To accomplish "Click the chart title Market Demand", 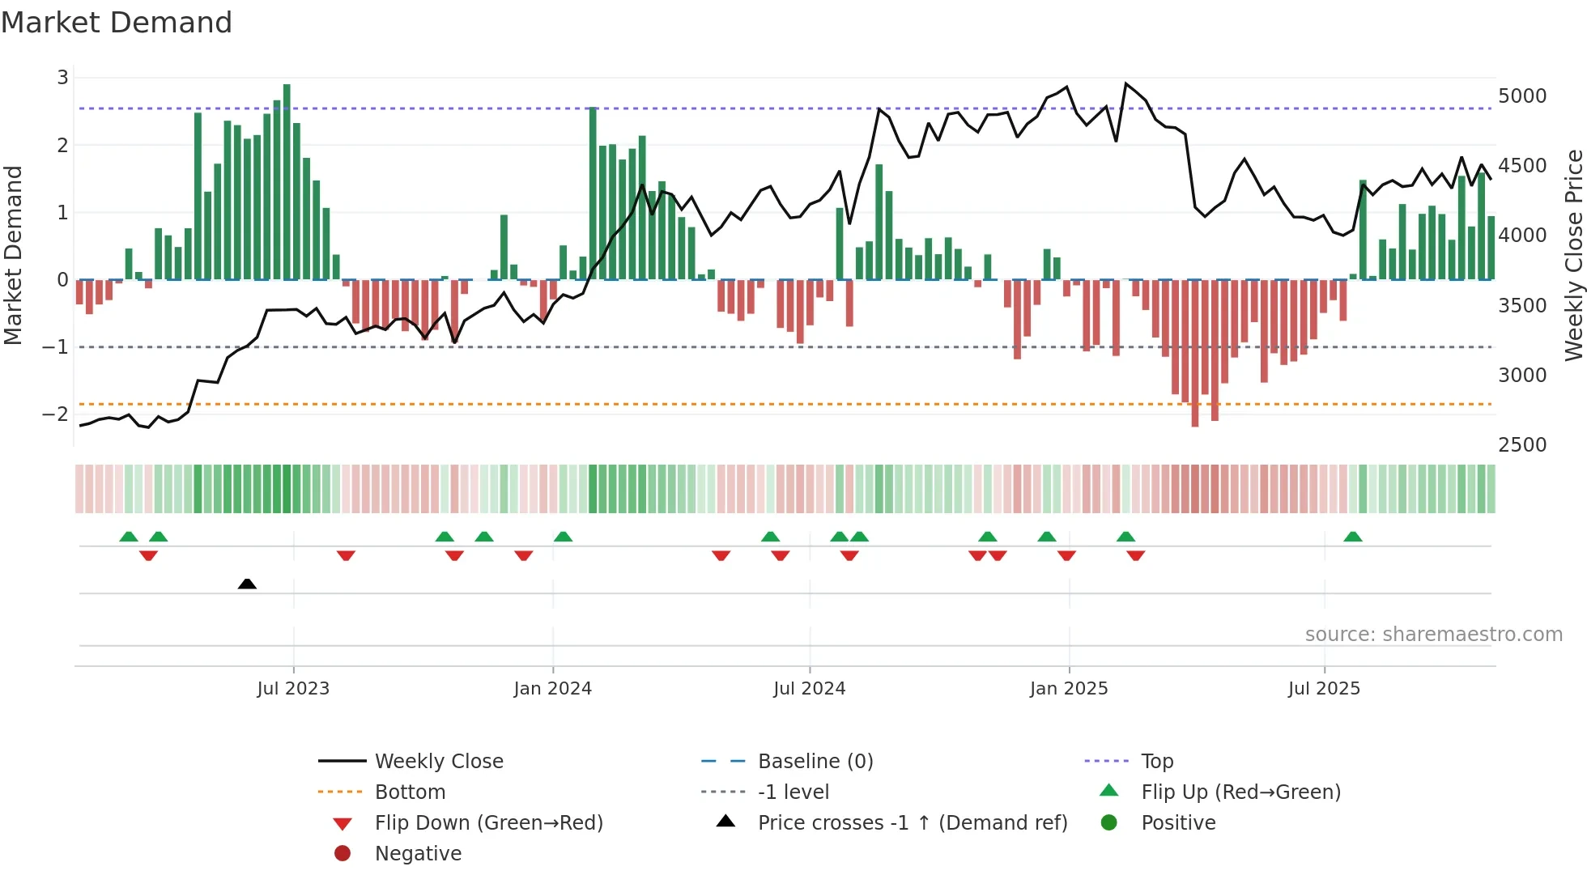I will pos(117,22).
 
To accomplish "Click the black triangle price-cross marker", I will pos(247,584).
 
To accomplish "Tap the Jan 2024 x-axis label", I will pos(552,688).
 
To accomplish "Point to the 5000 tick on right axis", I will pos(1521,96).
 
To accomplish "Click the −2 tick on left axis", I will pos(55,414).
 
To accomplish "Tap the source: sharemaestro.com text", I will pos(1433,634).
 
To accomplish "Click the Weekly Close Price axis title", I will pos(1573,255).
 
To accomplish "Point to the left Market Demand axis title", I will pos(13,255).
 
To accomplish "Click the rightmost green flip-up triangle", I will pos(1352,537).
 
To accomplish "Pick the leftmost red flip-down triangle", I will pos(148,555).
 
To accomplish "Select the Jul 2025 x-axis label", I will pos(1324,688).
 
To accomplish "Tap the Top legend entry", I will pos(1156,761).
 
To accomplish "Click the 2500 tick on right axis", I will pos(1521,444).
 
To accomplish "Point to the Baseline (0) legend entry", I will pos(815,761).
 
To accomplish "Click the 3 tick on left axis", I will pos(62,77).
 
